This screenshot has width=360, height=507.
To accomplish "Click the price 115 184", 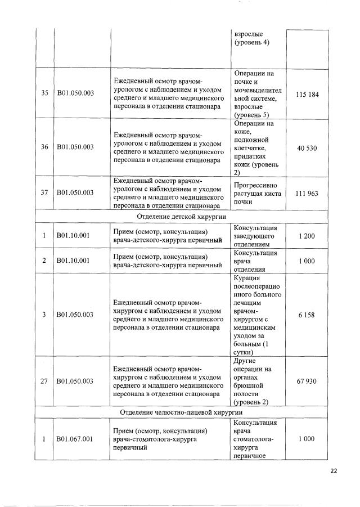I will coord(307,94).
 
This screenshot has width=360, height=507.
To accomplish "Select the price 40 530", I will coord(307,147).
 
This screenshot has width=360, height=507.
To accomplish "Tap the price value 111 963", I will coord(307,193).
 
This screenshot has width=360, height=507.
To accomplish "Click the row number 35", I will coord(44,94).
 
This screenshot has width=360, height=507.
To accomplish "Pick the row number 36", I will coord(44,147).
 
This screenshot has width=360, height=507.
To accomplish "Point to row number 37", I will coord(44,193).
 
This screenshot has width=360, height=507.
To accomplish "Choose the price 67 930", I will coord(307,381).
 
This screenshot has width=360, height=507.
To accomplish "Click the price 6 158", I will coord(307,315).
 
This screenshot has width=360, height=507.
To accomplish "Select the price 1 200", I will coord(307,236).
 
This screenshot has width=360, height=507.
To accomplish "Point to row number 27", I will coord(44,381).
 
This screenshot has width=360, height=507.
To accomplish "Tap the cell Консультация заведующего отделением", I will coord(256,236).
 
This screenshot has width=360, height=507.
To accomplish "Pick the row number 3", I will coord(44,315).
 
